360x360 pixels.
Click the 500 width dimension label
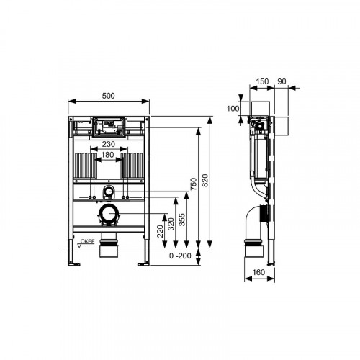pos(108,96)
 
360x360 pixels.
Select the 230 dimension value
pos(109,144)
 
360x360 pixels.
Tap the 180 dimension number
pos(107,155)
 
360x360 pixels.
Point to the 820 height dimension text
pos(205,181)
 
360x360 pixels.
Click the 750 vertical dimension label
pos(194,184)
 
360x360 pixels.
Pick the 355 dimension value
pos(182,220)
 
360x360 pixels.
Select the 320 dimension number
pos(171,224)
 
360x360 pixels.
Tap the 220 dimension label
pos(160,231)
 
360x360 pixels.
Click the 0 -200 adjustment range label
pos(180,256)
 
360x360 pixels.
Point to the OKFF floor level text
pos(87,241)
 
